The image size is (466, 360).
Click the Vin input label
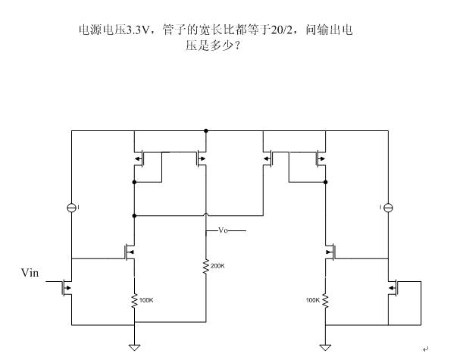click(30, 273)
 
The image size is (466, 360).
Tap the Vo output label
click(224, 230)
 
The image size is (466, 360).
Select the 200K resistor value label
click(217, 266)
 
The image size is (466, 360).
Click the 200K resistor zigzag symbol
click(205, 266)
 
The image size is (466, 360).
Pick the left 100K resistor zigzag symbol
click(134, 300)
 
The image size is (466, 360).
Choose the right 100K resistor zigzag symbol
click(325, 300)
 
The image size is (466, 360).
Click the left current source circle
click(71, 208)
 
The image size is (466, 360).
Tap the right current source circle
click(388, 208)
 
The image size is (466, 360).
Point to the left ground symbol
click(134, 347)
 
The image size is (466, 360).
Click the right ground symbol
click(325, 347)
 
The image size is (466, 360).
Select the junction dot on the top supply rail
click(206, 131)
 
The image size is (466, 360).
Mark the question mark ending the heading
click(237, 45)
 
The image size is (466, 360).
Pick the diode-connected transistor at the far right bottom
click(394, 288)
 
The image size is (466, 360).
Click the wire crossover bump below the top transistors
click(206, 214)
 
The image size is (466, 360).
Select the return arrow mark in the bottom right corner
click(426, 349)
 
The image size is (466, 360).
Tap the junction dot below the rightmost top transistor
click(325, 182)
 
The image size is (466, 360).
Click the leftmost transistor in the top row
click(139, 158)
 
